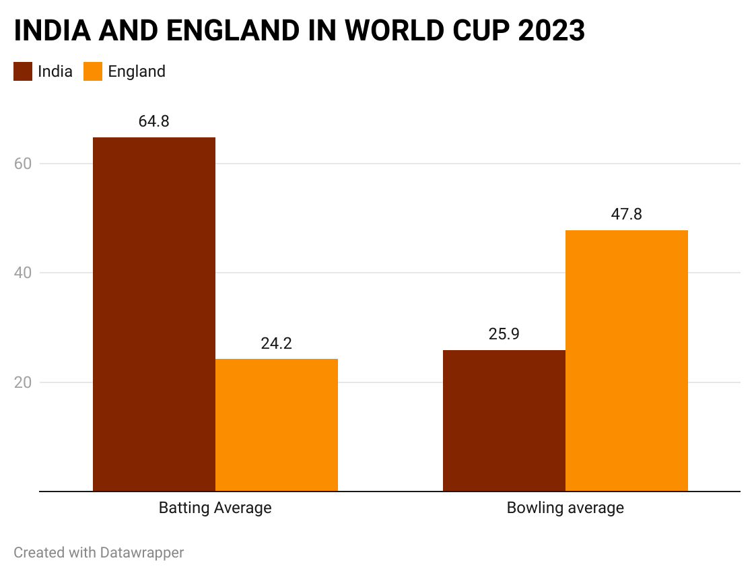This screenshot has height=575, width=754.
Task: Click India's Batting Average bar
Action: (153, 314)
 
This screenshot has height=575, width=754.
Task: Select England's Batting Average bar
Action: (276, 425)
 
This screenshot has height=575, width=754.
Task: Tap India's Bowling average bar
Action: (504, 420)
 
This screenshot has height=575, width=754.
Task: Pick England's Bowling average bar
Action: (626, 360)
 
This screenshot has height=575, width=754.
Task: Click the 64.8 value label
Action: (153, 122)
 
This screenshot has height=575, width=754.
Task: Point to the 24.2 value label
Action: (276, 343)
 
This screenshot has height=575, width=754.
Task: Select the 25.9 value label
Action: (504, 334)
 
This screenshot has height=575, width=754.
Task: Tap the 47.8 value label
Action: (626, 214)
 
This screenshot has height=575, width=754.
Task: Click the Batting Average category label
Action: (215, 508)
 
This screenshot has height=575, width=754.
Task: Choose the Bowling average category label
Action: (565, 508)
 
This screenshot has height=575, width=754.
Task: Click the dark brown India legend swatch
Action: (23, 71)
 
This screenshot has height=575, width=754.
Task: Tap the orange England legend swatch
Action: (93, 71)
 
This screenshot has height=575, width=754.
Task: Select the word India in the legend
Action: (55, 71)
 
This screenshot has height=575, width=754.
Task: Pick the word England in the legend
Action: (137, 71)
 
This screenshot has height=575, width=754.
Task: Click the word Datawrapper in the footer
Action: (142, 553)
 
